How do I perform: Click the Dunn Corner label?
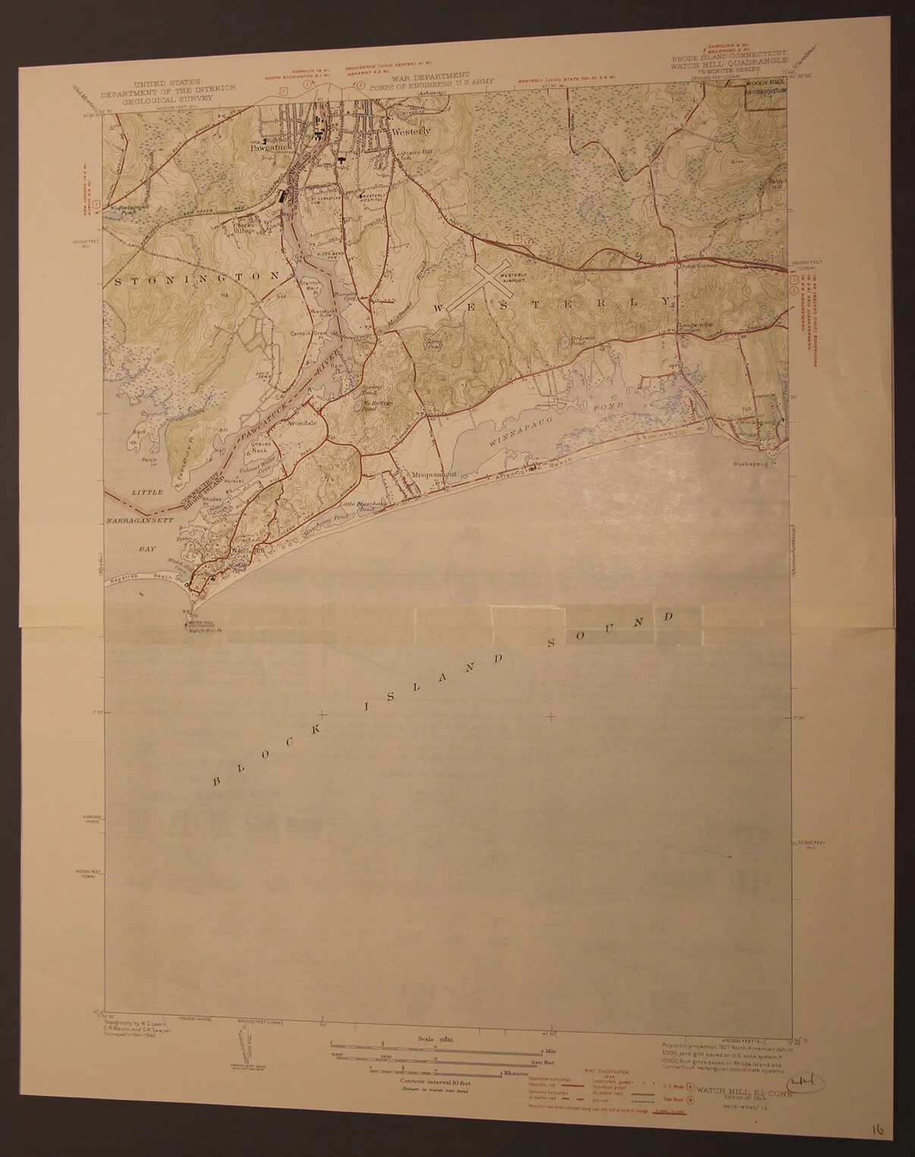coord(688,267)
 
